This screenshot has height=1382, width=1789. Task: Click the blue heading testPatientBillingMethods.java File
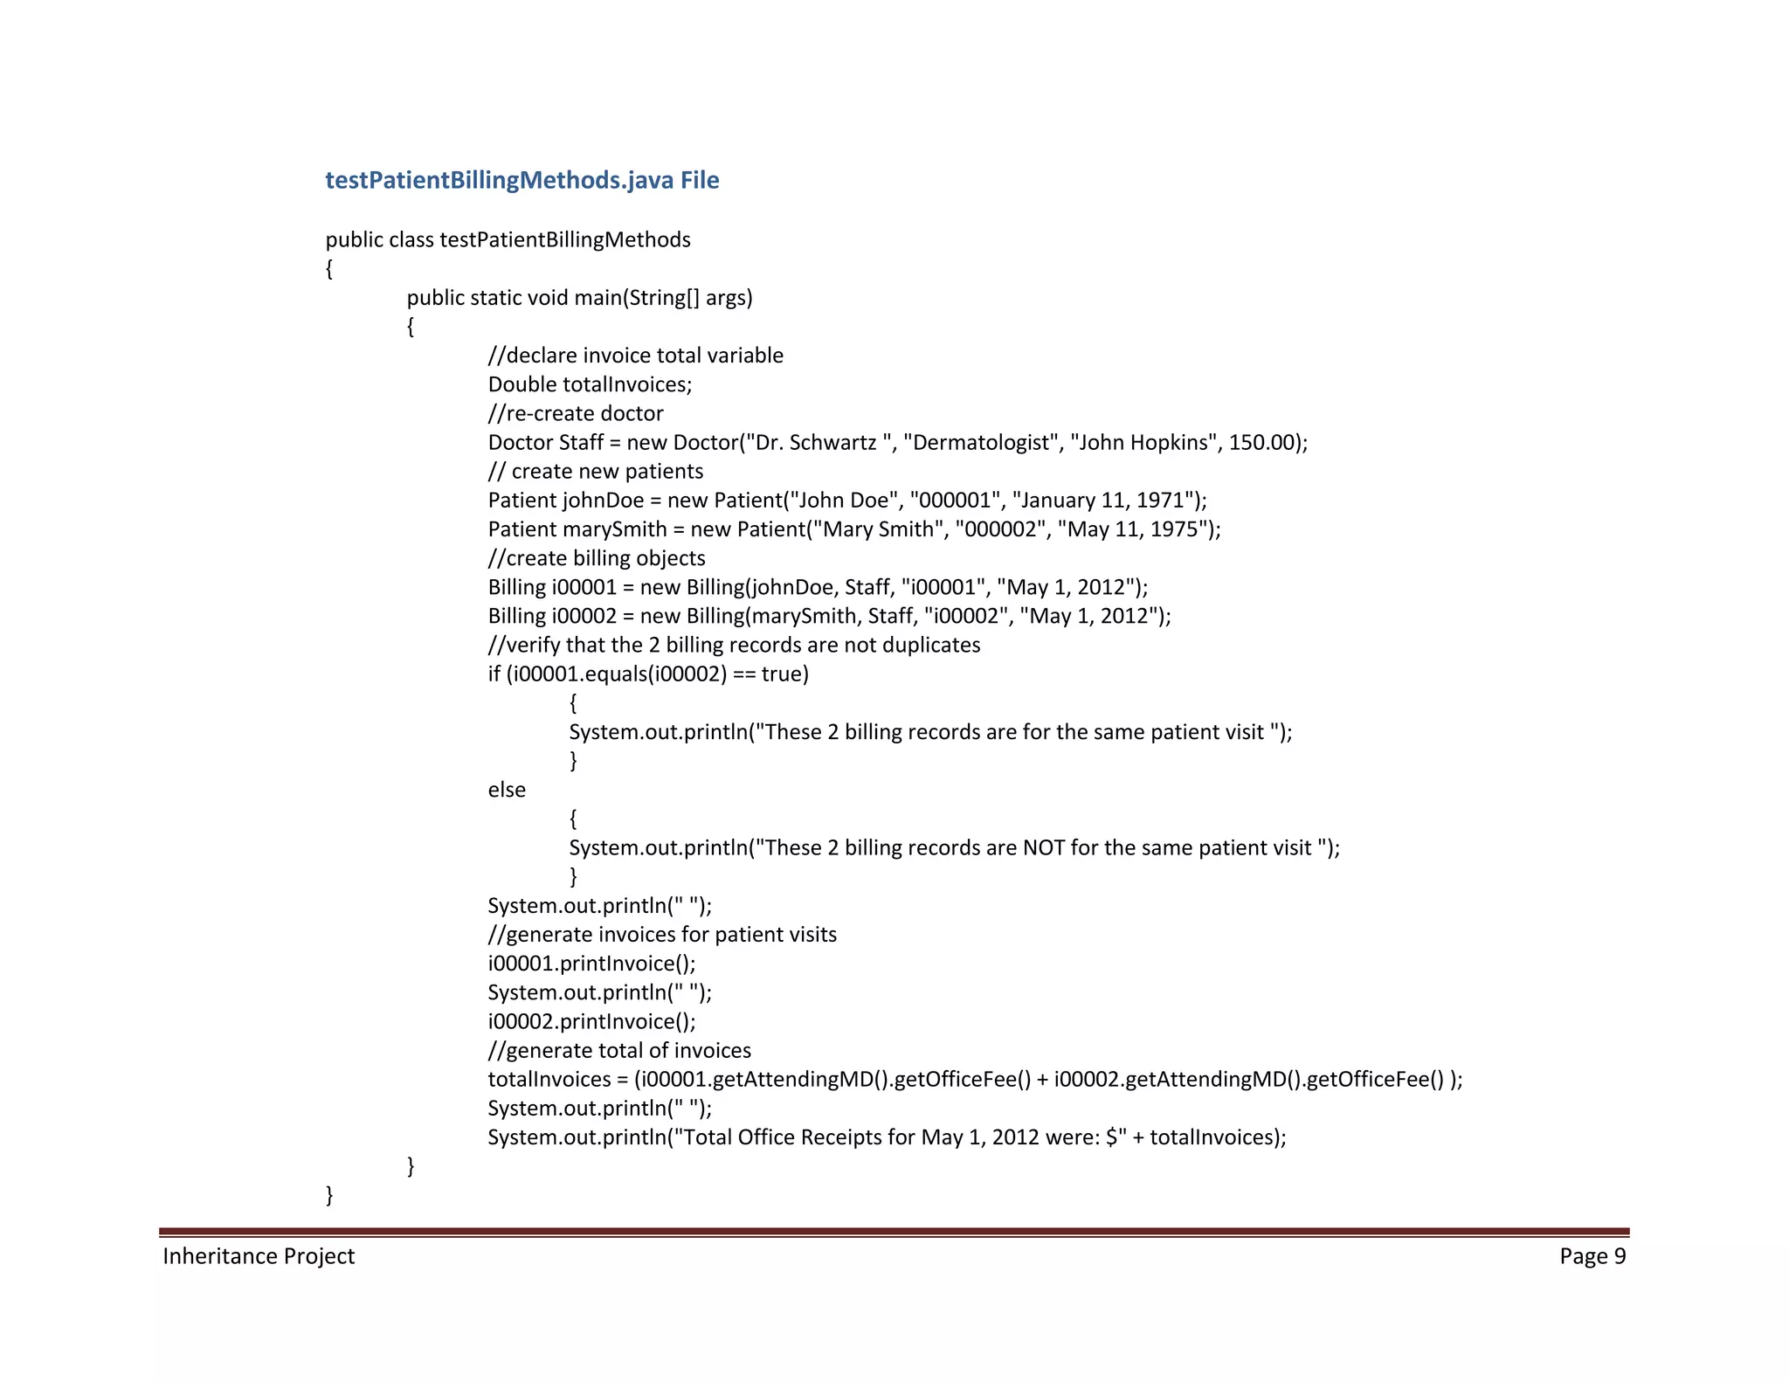point(522,180)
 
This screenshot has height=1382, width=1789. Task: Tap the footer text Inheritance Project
point(259,1256)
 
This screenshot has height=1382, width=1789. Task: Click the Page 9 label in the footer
point(1592,1256)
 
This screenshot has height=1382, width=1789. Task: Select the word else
point(507,790)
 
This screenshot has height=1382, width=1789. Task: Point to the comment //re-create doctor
point(576,413)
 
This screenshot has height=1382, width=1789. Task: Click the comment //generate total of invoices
point(619,1051)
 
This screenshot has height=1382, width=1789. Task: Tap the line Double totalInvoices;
point(590,384)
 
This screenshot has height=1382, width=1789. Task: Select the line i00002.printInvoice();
point(591,1022)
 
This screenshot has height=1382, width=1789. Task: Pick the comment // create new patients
point(596,472)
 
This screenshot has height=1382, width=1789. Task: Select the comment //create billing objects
point(597,558)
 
